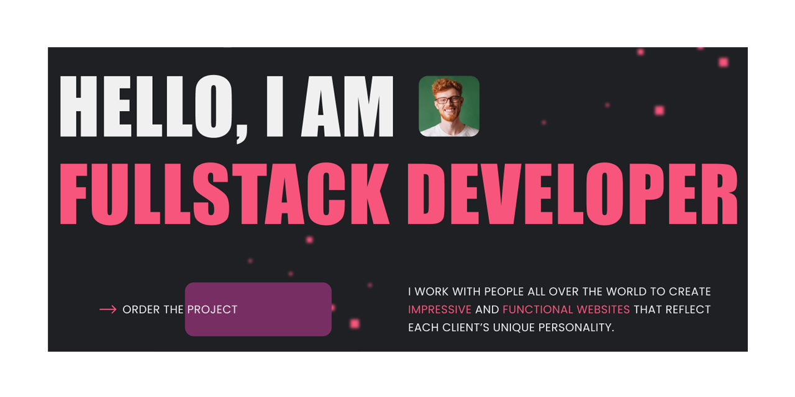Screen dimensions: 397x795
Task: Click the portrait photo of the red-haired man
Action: tap(449, 106)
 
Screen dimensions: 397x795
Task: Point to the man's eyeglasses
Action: tap(448, 100)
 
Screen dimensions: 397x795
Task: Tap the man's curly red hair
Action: tap(448, 86)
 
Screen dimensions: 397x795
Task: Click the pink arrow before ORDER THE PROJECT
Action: tap(108, 310)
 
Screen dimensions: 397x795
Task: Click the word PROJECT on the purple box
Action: tap(212, 310)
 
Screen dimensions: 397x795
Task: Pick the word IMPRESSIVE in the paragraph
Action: tap(440, 310)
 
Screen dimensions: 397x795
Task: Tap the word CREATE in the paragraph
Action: tap(690, 292)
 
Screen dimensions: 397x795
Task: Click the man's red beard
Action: tap(448, 115)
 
